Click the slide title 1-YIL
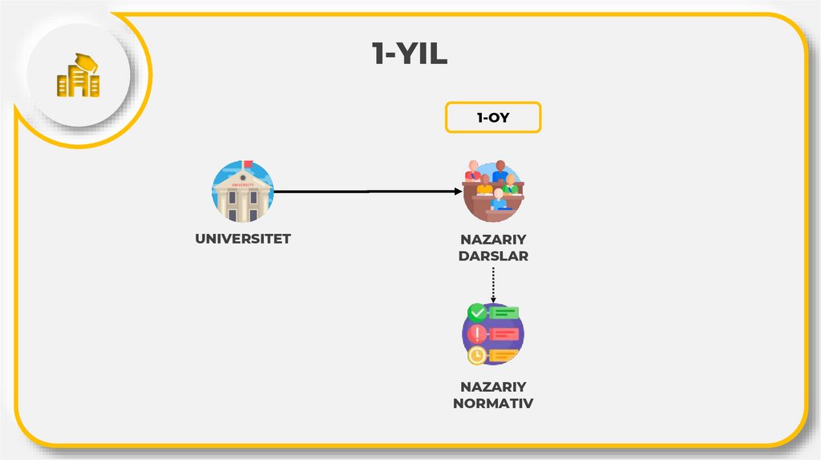coord(410,55)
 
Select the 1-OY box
coord(493,117)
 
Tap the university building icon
coord(242,192)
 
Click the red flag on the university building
coord(249,165)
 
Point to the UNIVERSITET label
coord(243,238)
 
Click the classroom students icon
coord(493,192)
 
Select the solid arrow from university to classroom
coord(361,192)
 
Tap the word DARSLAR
coord(493,256)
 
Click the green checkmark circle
coord(477,312)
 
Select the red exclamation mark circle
coord(477,333)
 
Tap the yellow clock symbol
coord(477,354)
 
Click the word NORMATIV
coord(493,403)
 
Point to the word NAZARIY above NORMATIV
coord(493,386)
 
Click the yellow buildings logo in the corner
coord(78,77)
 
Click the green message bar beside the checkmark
coord(505,313)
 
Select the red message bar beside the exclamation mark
coord(505,333)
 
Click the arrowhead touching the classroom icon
coord(458,192)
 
